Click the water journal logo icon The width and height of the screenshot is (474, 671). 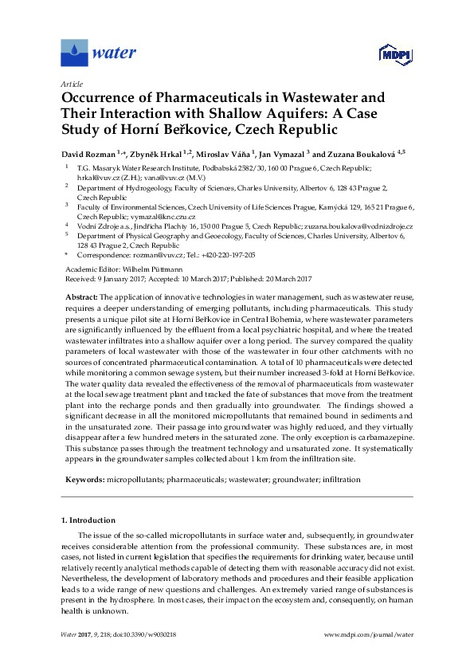coord(74,54)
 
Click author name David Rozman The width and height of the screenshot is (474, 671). coord(88,153)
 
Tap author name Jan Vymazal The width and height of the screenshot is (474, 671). coord(280,153)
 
